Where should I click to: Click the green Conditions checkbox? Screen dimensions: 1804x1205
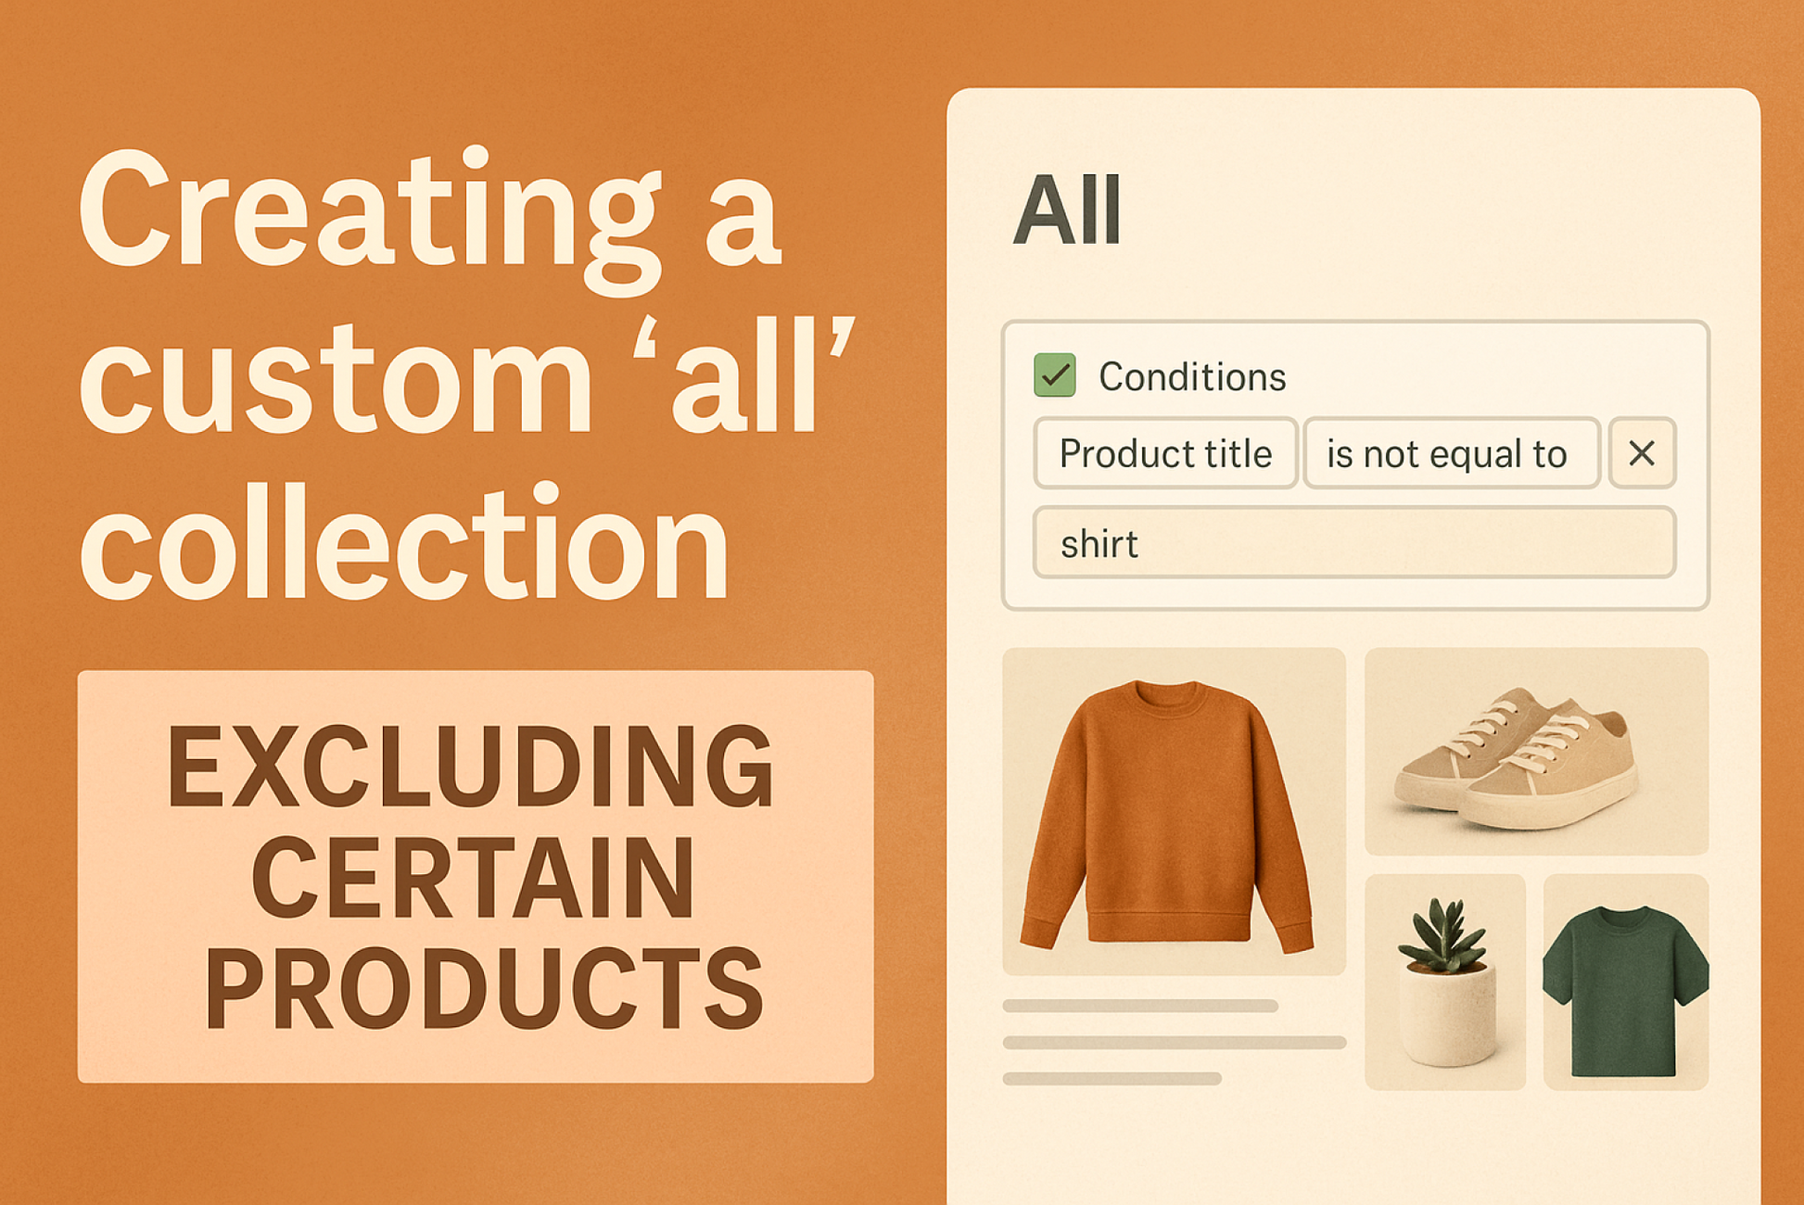1054,375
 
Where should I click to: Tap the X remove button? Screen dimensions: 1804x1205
1642,453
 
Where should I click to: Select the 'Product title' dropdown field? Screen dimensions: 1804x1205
1165,453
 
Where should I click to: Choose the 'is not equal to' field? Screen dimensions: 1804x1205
1451,453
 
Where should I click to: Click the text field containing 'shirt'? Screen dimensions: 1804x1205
1353,543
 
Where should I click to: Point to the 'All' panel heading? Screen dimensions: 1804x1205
1067,210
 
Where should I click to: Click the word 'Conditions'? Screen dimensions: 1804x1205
1192,376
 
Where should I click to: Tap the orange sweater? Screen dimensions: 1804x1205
1168,816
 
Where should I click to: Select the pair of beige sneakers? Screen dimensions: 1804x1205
1517,757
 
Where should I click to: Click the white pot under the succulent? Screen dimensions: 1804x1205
1447,1014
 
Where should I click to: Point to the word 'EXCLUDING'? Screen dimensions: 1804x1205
470,767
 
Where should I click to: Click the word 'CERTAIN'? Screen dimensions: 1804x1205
473,877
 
